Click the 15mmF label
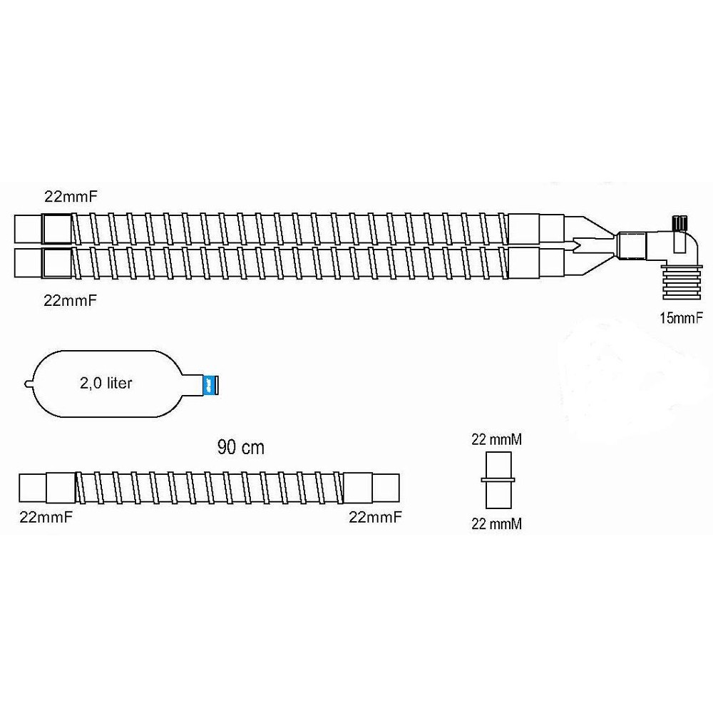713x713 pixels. point(681,318)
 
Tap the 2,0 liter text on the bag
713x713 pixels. point(106,383)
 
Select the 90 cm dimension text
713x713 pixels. point(240,448)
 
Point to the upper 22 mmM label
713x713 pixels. point(496,440)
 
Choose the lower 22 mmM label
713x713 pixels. point(496,524)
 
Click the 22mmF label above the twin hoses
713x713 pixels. point(71,197)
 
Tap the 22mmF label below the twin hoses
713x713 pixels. point(71,301)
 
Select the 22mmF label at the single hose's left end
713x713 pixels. point(46,517)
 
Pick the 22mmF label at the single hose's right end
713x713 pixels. point(375,517)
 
